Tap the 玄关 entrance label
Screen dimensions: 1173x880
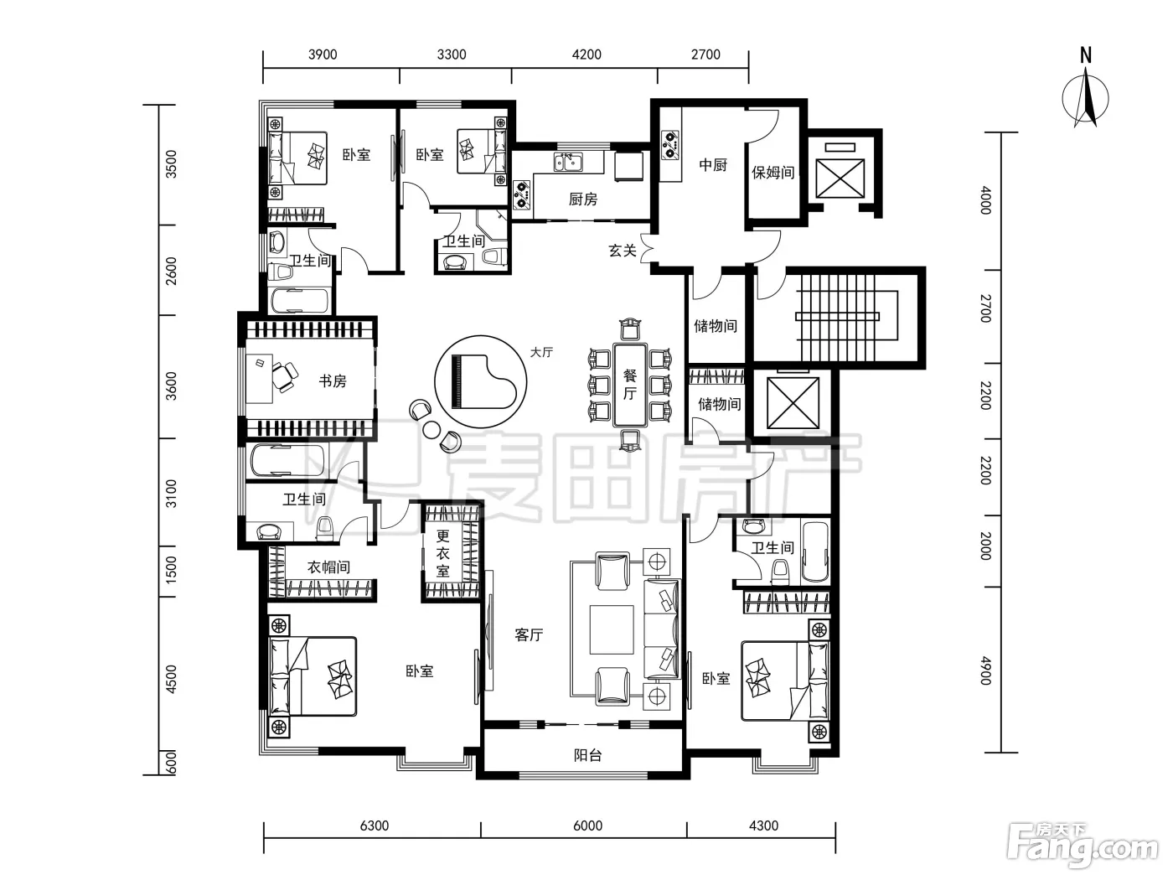[x=622, y=250]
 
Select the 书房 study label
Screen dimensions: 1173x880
[x=333, y=381]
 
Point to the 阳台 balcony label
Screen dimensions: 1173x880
[x=588, y=755]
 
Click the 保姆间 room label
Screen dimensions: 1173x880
[x=773, y=172]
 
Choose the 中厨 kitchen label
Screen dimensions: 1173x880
[x=713, y=164]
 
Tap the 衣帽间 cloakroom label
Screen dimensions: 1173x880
[x=328, y=567]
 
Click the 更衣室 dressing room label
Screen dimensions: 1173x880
[x=443, y=553]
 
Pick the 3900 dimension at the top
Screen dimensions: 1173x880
[x=323, y=54]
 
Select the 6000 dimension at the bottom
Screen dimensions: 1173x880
[x=588, y=826]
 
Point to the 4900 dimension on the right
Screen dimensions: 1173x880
[x=986, y=670]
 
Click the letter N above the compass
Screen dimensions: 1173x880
[x=1085, y=55]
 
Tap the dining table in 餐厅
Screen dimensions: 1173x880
[x=630, y=385]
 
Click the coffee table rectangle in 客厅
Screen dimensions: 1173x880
[x=612, y=629]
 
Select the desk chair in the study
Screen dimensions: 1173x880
[x=284, y=376]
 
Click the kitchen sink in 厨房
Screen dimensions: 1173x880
[x=568, y=162]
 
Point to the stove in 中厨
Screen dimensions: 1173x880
[x=670, y=144]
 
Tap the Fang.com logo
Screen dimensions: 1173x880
[x=1082, y=846]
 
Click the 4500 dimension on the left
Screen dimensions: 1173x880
[x=171, y=679]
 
